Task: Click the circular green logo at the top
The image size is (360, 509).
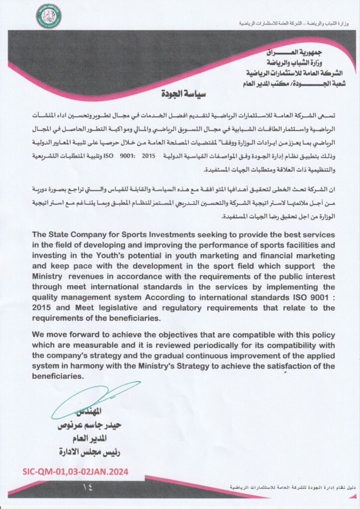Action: tap(48, 15)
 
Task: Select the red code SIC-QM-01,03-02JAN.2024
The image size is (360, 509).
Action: tap(75, 470)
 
